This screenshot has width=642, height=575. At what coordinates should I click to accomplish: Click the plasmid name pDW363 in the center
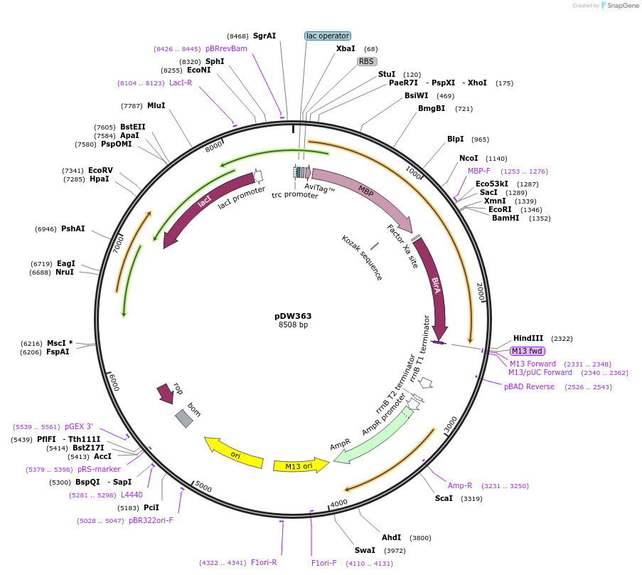click(293, 316)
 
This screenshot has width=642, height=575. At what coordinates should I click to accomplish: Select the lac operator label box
click(328, 36)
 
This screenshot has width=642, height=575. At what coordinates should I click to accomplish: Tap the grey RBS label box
click(367, 61)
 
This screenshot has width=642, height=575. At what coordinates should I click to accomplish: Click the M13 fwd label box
click(527, 351)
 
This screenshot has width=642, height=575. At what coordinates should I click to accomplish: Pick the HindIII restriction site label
click(528, 339)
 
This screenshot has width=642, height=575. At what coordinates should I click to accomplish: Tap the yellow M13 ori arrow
click(299, 466)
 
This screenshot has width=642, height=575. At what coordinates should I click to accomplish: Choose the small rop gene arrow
click(166, 393)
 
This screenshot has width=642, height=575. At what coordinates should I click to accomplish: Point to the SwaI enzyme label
click(365, 550)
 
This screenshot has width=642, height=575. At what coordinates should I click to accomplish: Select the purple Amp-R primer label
click(459, 485)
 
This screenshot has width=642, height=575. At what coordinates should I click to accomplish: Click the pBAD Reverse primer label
click(529, 386)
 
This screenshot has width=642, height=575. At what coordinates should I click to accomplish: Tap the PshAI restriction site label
click(73, 228)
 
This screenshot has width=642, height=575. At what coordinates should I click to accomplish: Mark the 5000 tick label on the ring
click(203, 487)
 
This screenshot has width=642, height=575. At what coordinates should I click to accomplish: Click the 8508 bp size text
click(293, 325)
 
